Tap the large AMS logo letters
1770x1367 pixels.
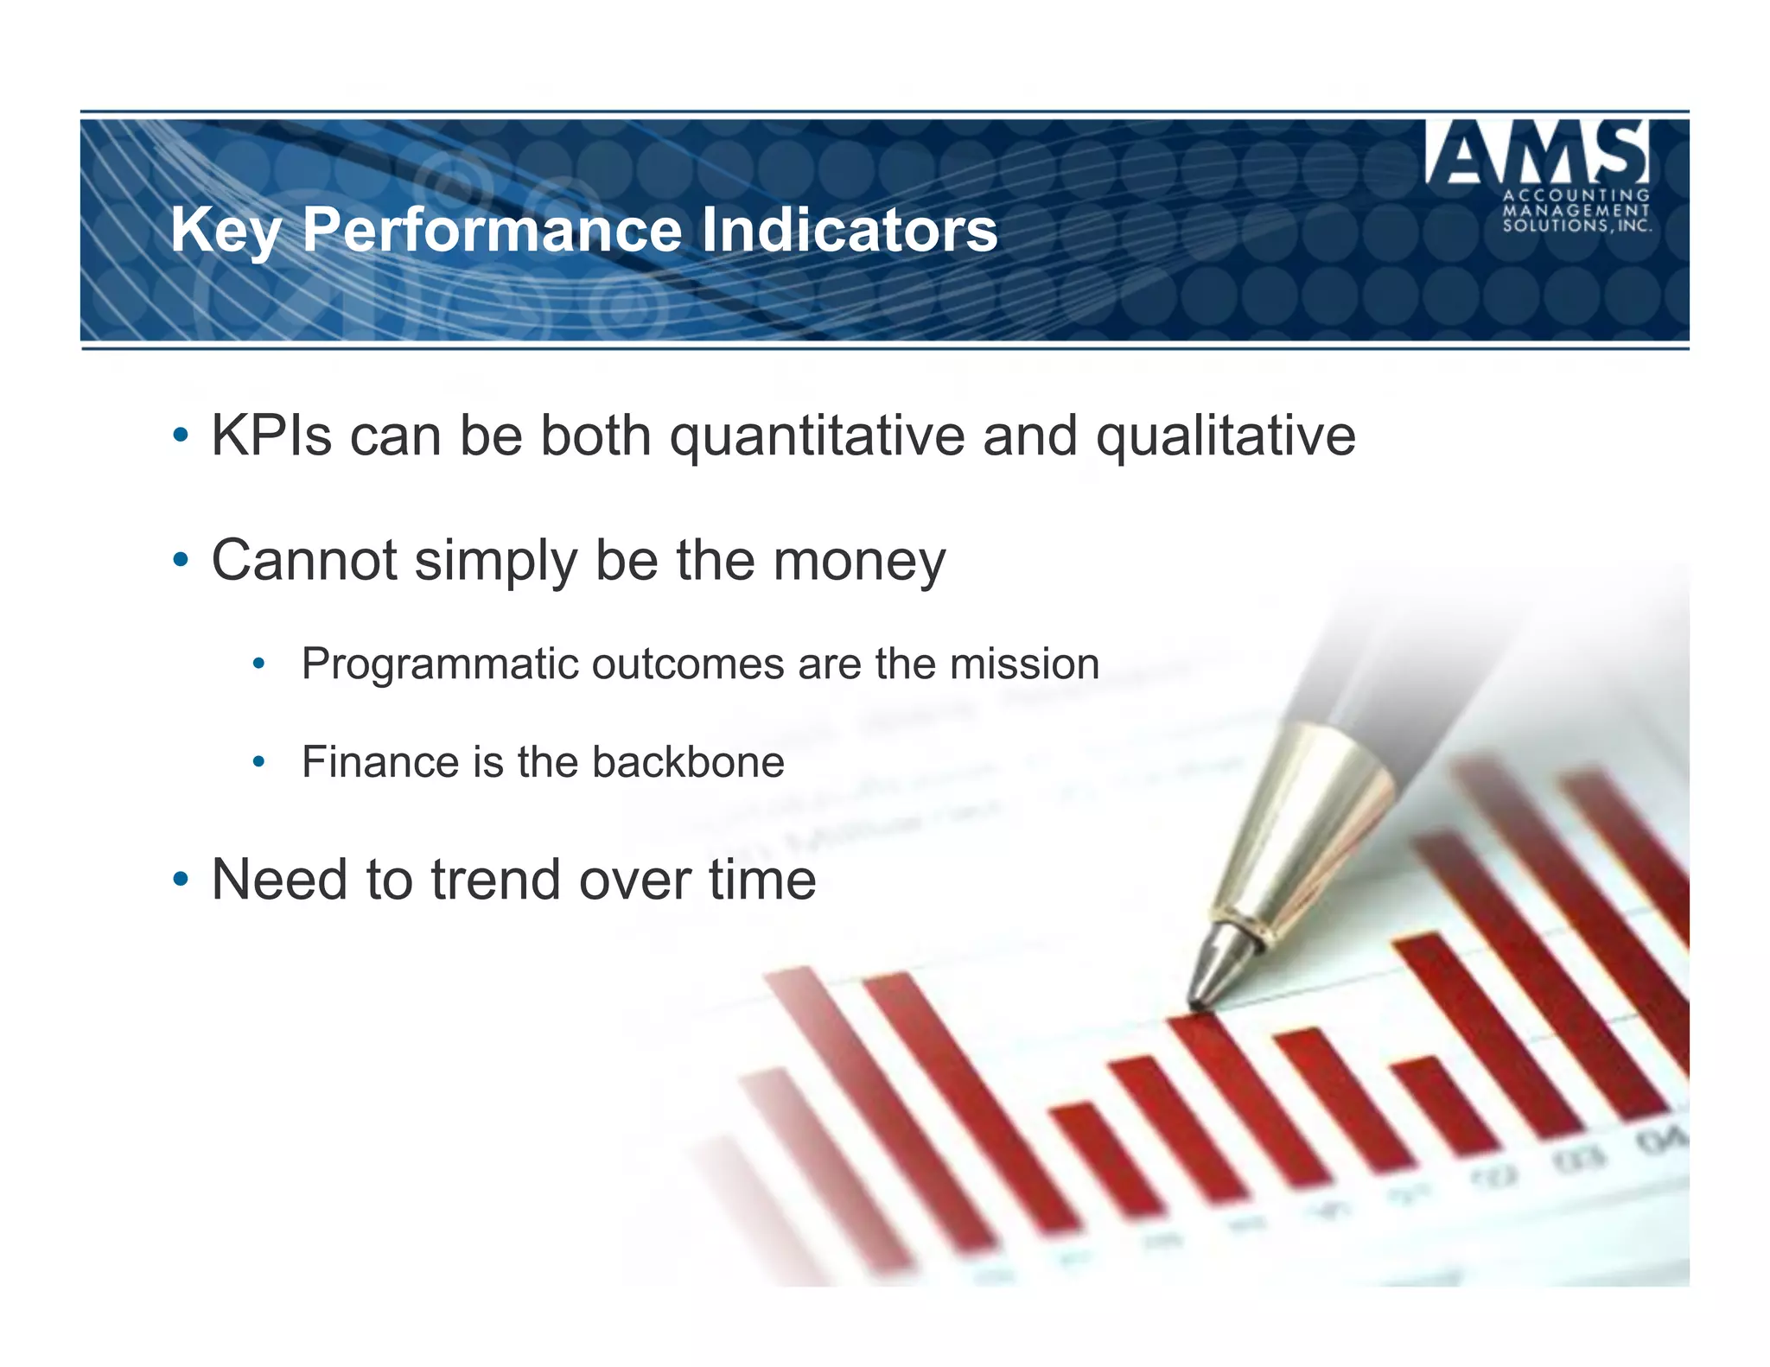1538,153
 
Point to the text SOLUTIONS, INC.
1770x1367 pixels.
1576,226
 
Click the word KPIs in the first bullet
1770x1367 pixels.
271,436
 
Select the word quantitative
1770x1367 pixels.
817,437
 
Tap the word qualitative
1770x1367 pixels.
1226,437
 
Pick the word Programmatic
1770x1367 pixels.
439,665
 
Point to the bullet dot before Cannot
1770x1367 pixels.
180,560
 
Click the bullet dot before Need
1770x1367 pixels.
180,880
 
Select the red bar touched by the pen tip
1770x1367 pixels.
1245,1097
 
